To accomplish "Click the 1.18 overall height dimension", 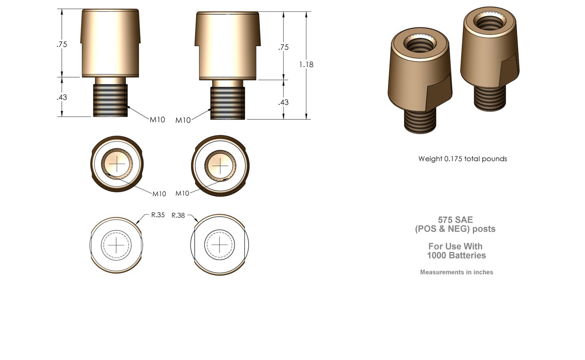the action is (306, 64).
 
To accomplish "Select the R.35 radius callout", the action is (158, 215).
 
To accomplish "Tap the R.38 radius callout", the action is (178, 215).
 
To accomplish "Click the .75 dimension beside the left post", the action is (62, 44).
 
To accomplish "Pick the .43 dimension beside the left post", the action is (62, 97).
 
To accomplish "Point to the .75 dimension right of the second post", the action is (284, 47).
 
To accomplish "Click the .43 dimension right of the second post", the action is (284, 102).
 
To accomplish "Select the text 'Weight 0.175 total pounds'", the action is (462, 159).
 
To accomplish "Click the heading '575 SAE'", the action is (455, 220).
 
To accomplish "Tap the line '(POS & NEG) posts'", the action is (455, 229).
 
